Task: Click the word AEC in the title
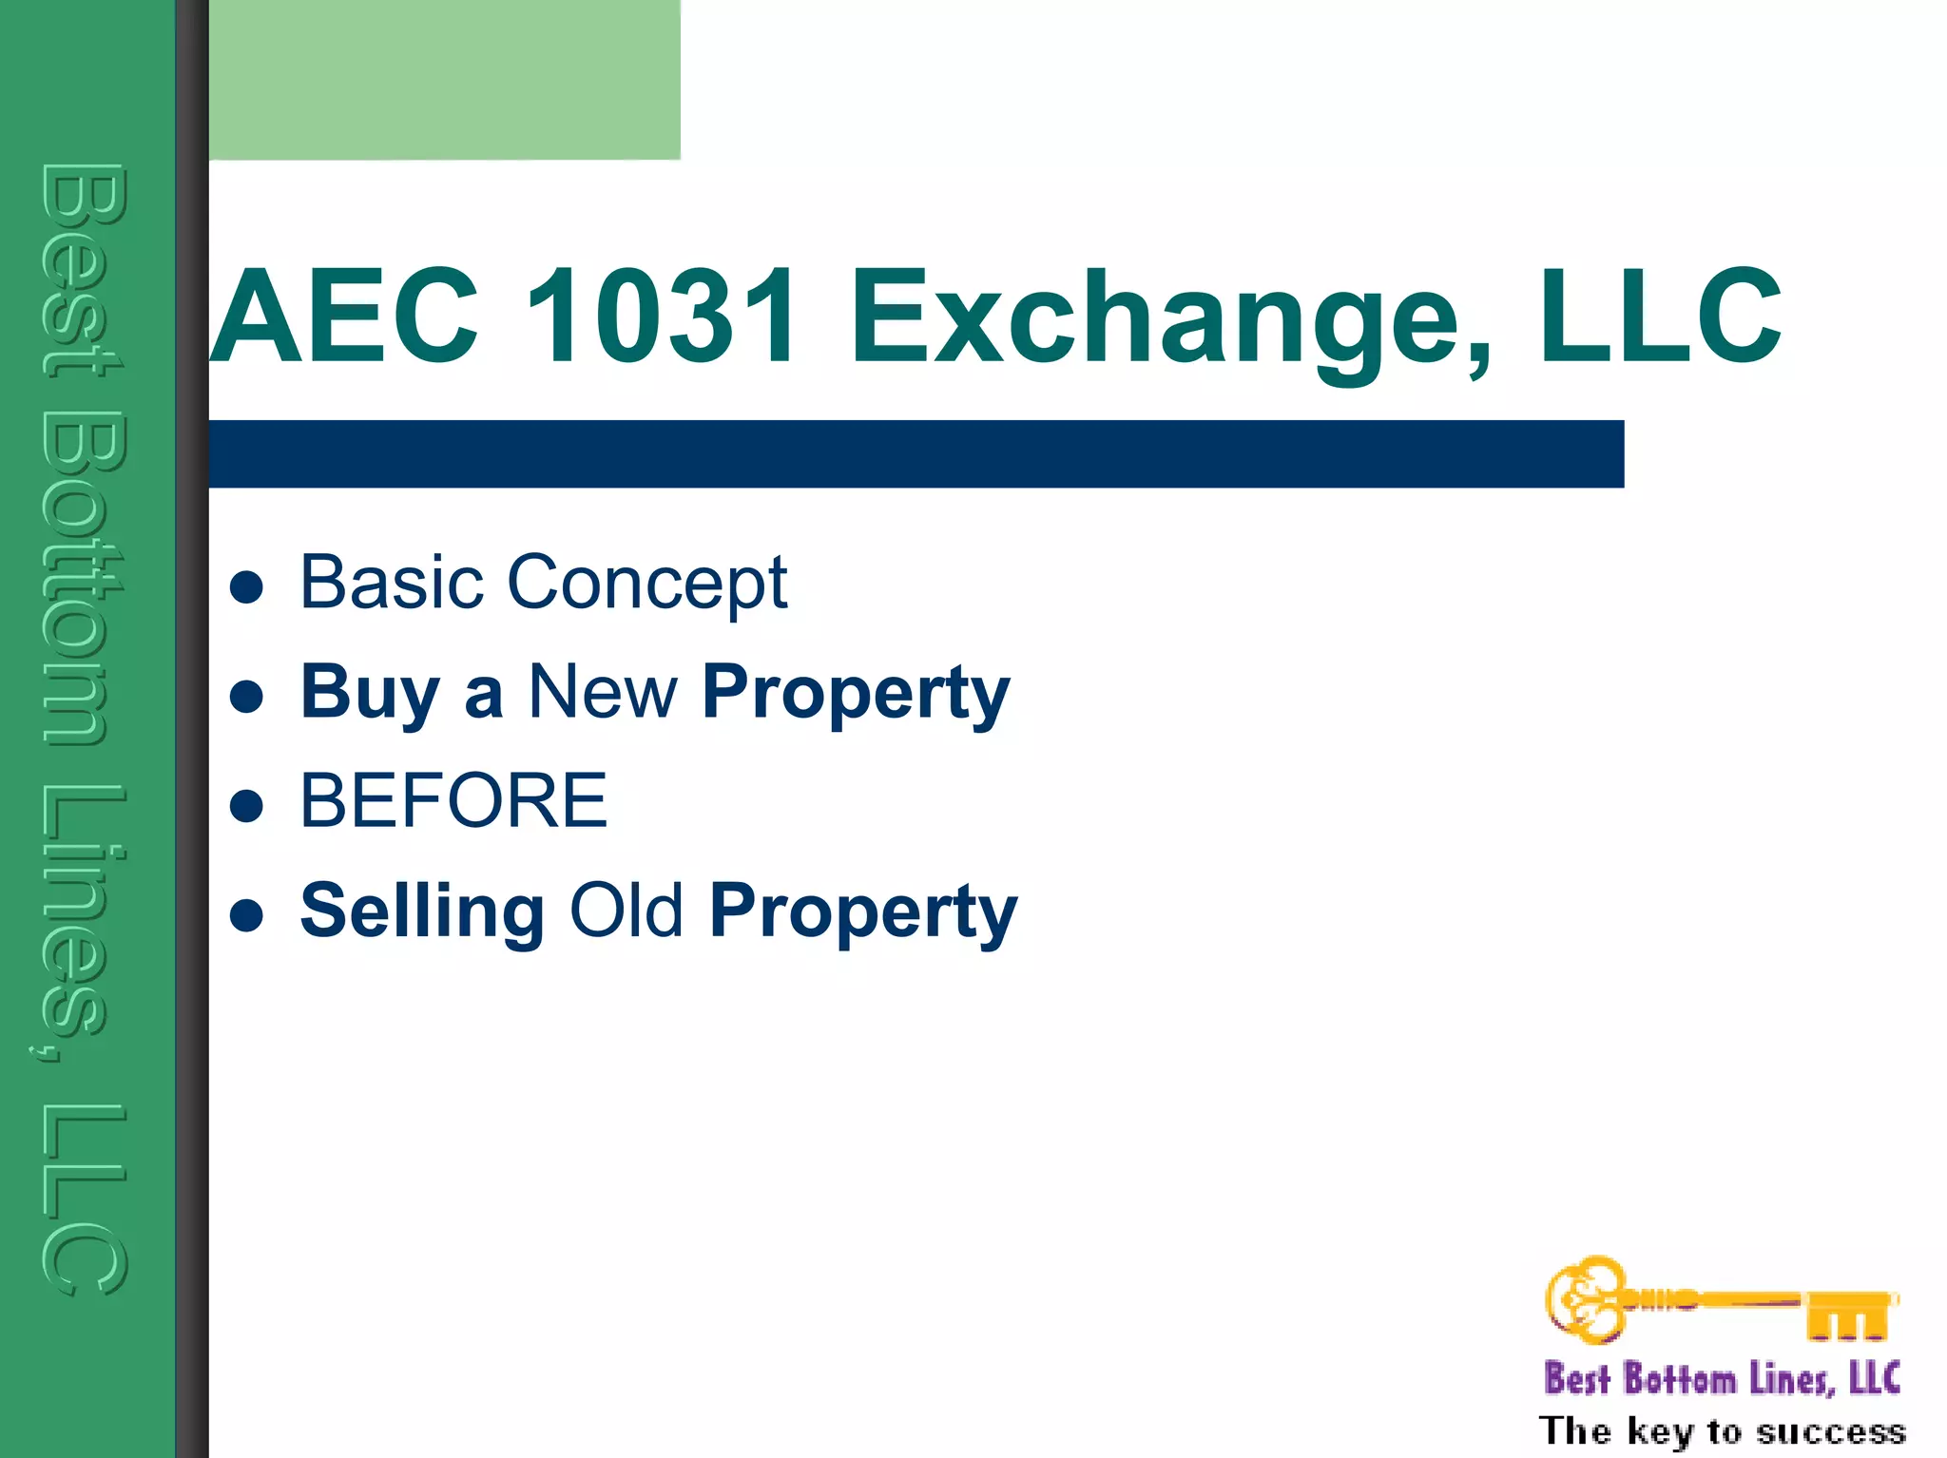click(344, 316)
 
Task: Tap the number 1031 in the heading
click(662, 316)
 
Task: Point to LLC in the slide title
click(1659, 316)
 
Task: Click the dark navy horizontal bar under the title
click(916, 454)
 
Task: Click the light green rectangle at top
click(444, 80)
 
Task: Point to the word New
click(603, 691)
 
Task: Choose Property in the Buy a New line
click(856, 694)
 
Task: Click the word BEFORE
click(453, 800)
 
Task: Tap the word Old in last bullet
click(627, 910)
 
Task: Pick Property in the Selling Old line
click(863, 912)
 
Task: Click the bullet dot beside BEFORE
click(246, 806)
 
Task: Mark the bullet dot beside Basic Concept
click(246, 587)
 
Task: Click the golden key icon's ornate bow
click(1586, 1299)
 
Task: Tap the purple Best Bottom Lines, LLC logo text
click(1722, 1378)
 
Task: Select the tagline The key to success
click(1722, 1430)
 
